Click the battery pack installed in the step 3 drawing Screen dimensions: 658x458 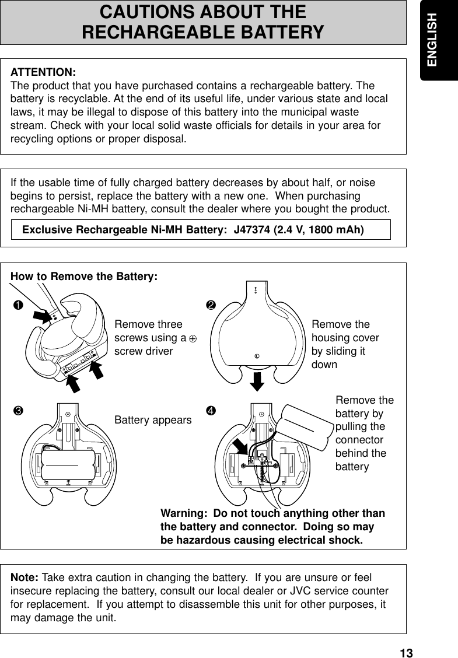pos(67,464)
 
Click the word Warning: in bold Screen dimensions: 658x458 pos(184,514)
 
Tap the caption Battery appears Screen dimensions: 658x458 pos(153,420)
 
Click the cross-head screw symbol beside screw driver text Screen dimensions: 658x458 pos(191,338)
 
